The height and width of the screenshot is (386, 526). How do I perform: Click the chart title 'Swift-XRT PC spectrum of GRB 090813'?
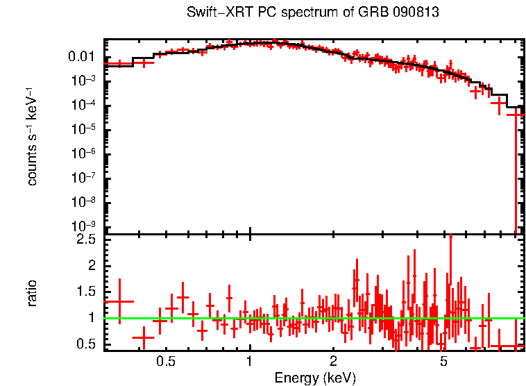click(x=313, y=13)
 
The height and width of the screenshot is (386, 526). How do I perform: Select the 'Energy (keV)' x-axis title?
click(x=315, y=378)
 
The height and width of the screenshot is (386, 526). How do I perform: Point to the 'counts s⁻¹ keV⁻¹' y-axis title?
click(x=33, y=136)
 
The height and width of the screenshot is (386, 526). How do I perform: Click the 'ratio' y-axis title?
click(x=33, y=293)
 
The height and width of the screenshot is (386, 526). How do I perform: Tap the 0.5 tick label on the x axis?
click(x=165, y=362)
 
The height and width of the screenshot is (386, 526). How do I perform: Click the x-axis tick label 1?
click(x=250, y=362)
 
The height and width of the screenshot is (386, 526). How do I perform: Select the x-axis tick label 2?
click(x=334, y=362)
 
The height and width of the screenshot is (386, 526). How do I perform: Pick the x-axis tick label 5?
click(x=444, y=362)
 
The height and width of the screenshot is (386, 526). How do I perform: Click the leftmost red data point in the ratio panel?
click(x=119, y=301)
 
